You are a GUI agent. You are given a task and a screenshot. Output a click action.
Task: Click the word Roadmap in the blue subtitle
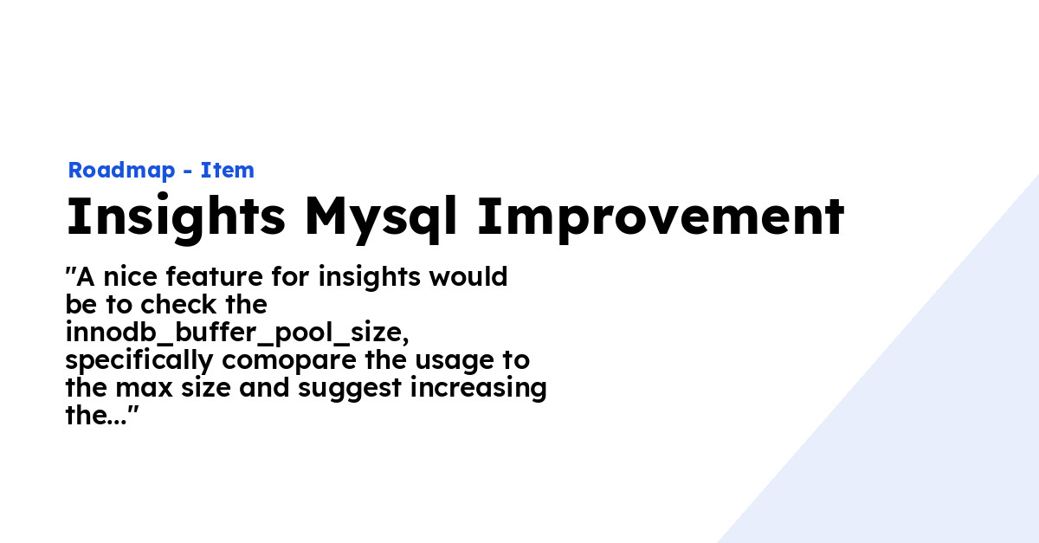pyautogui.click(x=121, y=171)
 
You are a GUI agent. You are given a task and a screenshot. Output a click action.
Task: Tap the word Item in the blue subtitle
pyautogui.click(x=228, y=171)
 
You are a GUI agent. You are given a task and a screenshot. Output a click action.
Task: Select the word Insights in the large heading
pyautogui.click(x=176, y=217)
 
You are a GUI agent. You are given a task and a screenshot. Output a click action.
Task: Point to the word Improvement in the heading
pyautogui.click(x=661, y=217)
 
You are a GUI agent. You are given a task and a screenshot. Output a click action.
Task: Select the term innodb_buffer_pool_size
pyautogui.click(x=236, y=333)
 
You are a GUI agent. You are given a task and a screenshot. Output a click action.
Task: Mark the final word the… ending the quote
pyautogui.click(x=97, y=416)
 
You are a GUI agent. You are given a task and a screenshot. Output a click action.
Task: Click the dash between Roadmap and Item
pyautogui.click(x=188, y=171)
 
